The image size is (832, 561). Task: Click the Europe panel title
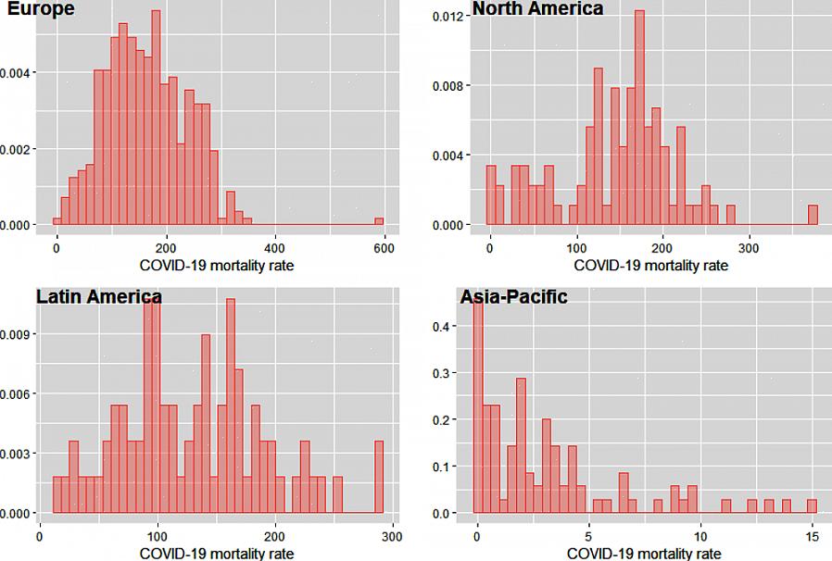(x=42, y=8)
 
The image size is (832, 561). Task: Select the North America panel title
(x=537, y=8)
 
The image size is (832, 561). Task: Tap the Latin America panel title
(x=98, y=297)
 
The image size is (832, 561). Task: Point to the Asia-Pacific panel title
(x=513, y=297)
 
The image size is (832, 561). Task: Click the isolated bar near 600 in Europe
(x=379, y=221)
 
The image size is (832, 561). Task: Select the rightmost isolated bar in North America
(x=813, y=215)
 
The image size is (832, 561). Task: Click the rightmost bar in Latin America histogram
(x=378, y=477)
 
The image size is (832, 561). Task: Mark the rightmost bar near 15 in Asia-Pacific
(x=812, y=506)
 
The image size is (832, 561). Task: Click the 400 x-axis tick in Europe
(x=274, y=248)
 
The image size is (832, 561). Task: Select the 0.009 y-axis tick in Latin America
(x=18, y=333)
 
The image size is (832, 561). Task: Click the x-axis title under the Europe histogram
(x=216, y=266)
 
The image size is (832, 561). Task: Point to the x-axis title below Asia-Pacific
(x=642, y=554)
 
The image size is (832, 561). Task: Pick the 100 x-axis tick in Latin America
(x=158, y=536)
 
